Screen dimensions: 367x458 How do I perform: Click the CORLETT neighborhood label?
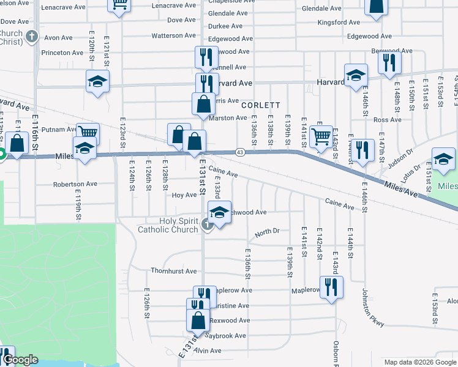260,105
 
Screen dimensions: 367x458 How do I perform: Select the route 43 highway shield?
239,152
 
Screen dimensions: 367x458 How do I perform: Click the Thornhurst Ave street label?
174,270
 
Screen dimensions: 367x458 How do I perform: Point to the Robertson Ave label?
75,183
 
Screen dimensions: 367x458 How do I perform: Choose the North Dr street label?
267,232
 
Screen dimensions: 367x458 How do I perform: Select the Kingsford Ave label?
339,23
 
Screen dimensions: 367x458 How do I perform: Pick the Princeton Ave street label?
62,53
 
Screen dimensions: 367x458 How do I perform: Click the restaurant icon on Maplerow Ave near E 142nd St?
331,286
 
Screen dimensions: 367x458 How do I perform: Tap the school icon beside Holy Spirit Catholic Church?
219,213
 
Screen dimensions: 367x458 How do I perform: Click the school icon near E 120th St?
97,82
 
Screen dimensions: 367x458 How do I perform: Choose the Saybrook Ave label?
225,336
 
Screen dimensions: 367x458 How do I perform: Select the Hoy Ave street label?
184,195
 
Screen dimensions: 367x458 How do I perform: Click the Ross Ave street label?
387,120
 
